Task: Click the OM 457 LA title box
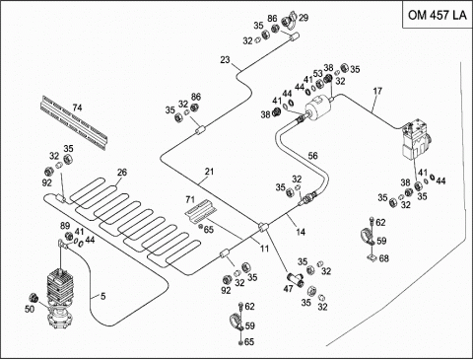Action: pyautogui.click(x=437, y=15)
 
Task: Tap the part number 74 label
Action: pyautogui.click(x=77, y=108)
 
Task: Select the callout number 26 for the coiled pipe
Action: pyautogui.click(x=121, y=172)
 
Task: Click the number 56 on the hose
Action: pyautogui.click(x=312, y=155)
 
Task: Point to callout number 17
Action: pyautogui.click(x=377, y=91)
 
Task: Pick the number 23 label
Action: pyautogui.click(x=225, y=60)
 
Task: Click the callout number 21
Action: pyautogui.click(x=209, y=172)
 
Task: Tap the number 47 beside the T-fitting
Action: pyautogui.click(x=288, y=289)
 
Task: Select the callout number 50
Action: pyautogui.click(x=30, y=309)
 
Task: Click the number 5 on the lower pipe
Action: pyautogui.click(x=102, y=296)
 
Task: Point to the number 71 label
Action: pyautogui.click(x=190, y=199)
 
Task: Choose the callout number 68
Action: pyautogui.click(x=383, y=258)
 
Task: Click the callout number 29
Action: pyautogui.click(x=304, y=18)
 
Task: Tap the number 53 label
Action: pyautogui.click(x=317, y=73)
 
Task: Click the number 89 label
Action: pyautogui.click(x=65, y=226)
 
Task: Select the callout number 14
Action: pyautogui.click(x=301, y=232)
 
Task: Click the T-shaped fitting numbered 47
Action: pyautogui.click(x=295, y=279)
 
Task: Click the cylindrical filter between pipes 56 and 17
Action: pyautogui.click(x=317, y=106)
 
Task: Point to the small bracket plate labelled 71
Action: pyautogui.click(x=200, y=211)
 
